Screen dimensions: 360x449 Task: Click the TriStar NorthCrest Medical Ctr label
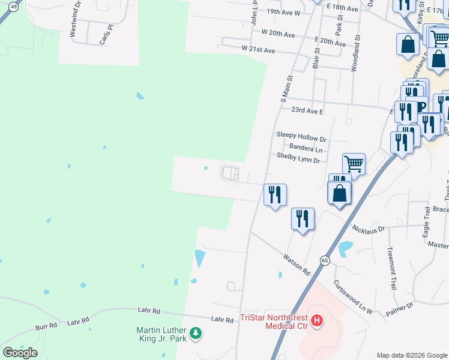coord(273,322)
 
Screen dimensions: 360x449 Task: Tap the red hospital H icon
coord(318,322)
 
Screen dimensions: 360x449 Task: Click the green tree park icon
coord(195,334)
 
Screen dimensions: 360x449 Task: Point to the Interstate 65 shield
coord(325,260)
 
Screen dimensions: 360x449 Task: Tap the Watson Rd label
coord(297,265)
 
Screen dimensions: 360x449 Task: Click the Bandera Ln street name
coord(306,148)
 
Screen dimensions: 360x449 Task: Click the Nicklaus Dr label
coord(369,229)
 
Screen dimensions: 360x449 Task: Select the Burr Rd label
coord(46,326)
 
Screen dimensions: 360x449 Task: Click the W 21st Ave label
coord(258,50)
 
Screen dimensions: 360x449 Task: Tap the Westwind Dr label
coord(74,23)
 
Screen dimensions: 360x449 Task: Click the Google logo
coord(20,353)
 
